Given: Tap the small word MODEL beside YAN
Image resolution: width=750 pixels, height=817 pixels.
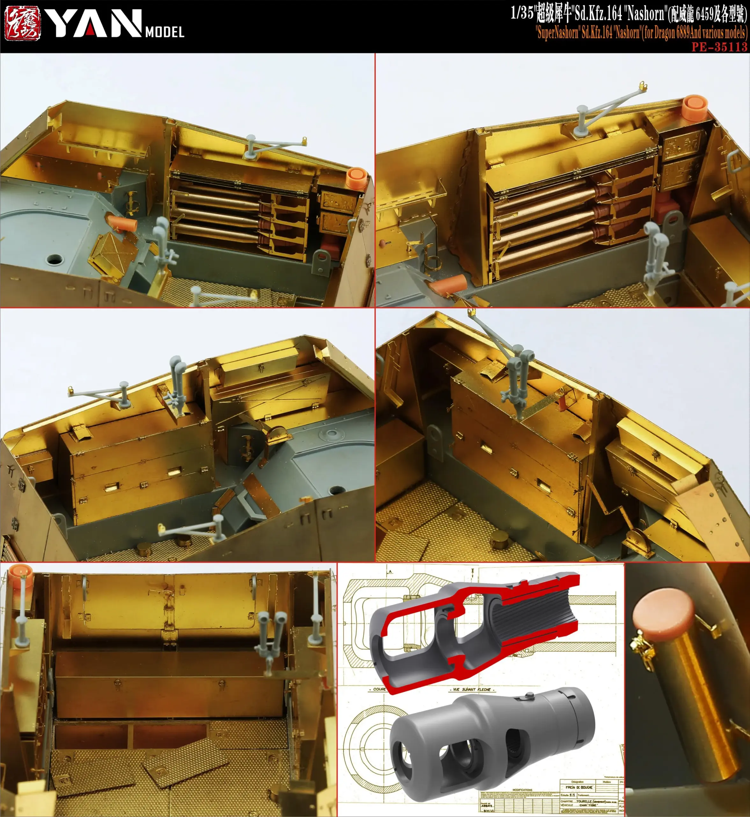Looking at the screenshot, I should click(x=164, y=32).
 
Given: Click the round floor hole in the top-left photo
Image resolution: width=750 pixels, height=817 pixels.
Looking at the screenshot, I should click(x=55, y=259).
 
